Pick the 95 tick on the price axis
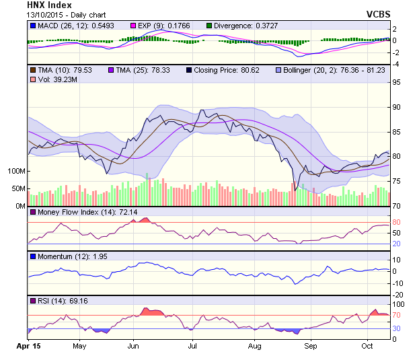[397, 83]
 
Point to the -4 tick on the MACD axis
[396, 64]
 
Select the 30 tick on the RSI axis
[397, 328]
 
